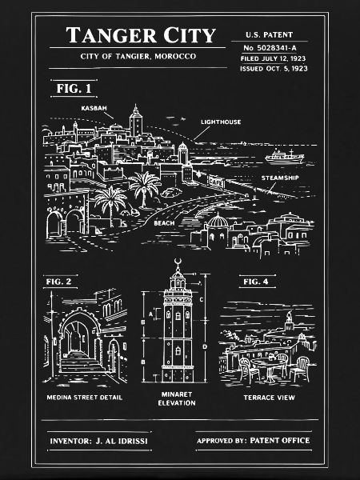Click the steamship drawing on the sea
click(x=285, y=157)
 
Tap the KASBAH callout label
click(x=94, y=108)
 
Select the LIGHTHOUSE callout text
click(x=221, y=122)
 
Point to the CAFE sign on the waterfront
click(x=216, y=182)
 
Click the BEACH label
click(x=164, y=223)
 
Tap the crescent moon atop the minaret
click(x=178, y=262)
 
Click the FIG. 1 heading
click(x=74, y=89)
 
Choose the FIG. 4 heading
click(x=256, y=282)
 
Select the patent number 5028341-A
click(x=277, y=48)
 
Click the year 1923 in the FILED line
click(x=298, y=58)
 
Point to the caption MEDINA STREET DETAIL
click(x=85, y=398)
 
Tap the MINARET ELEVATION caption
click(x=177, y=398)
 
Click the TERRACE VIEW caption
click(x=269, y=398)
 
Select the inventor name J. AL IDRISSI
click(x=122, y=441)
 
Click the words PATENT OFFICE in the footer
click(x=280, y=440)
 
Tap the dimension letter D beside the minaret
click(x=205, y=346)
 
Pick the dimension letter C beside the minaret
click(x=201, y=299)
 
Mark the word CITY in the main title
click(x=190, y=35)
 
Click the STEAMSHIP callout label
click(x=280, y=178)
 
